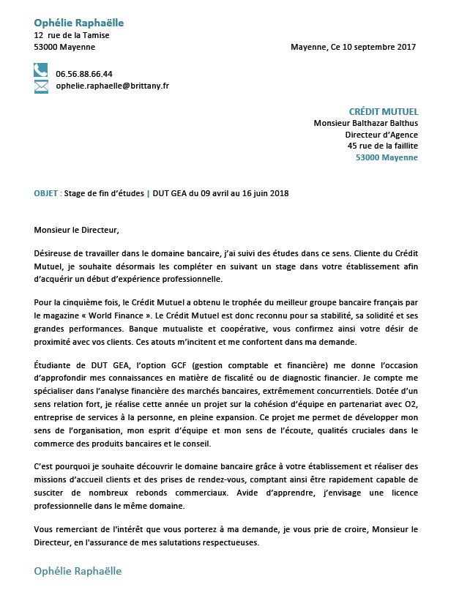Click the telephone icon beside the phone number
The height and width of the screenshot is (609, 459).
pos(41,71)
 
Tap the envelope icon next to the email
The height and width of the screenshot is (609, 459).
pos(41,86)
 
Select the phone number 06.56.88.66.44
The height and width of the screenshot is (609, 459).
pos(84,74)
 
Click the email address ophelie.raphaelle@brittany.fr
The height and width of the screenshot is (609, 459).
pos(113,86)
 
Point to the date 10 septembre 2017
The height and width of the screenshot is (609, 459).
pos(378,47)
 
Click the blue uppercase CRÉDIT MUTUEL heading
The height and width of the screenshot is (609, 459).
pos(383,112)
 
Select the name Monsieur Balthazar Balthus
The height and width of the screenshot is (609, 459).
pos(365,124)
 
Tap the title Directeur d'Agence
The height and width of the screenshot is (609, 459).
pos(381,135)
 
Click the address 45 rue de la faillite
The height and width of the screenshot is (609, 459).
pos(382,146)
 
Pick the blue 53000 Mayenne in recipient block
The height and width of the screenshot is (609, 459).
pos(387,157)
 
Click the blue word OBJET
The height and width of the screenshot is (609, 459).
pos(46,193)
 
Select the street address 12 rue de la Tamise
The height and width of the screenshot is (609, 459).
pos(72,35)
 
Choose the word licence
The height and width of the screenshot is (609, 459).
pos(399,493)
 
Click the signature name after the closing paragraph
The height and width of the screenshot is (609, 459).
pos(78,571)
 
